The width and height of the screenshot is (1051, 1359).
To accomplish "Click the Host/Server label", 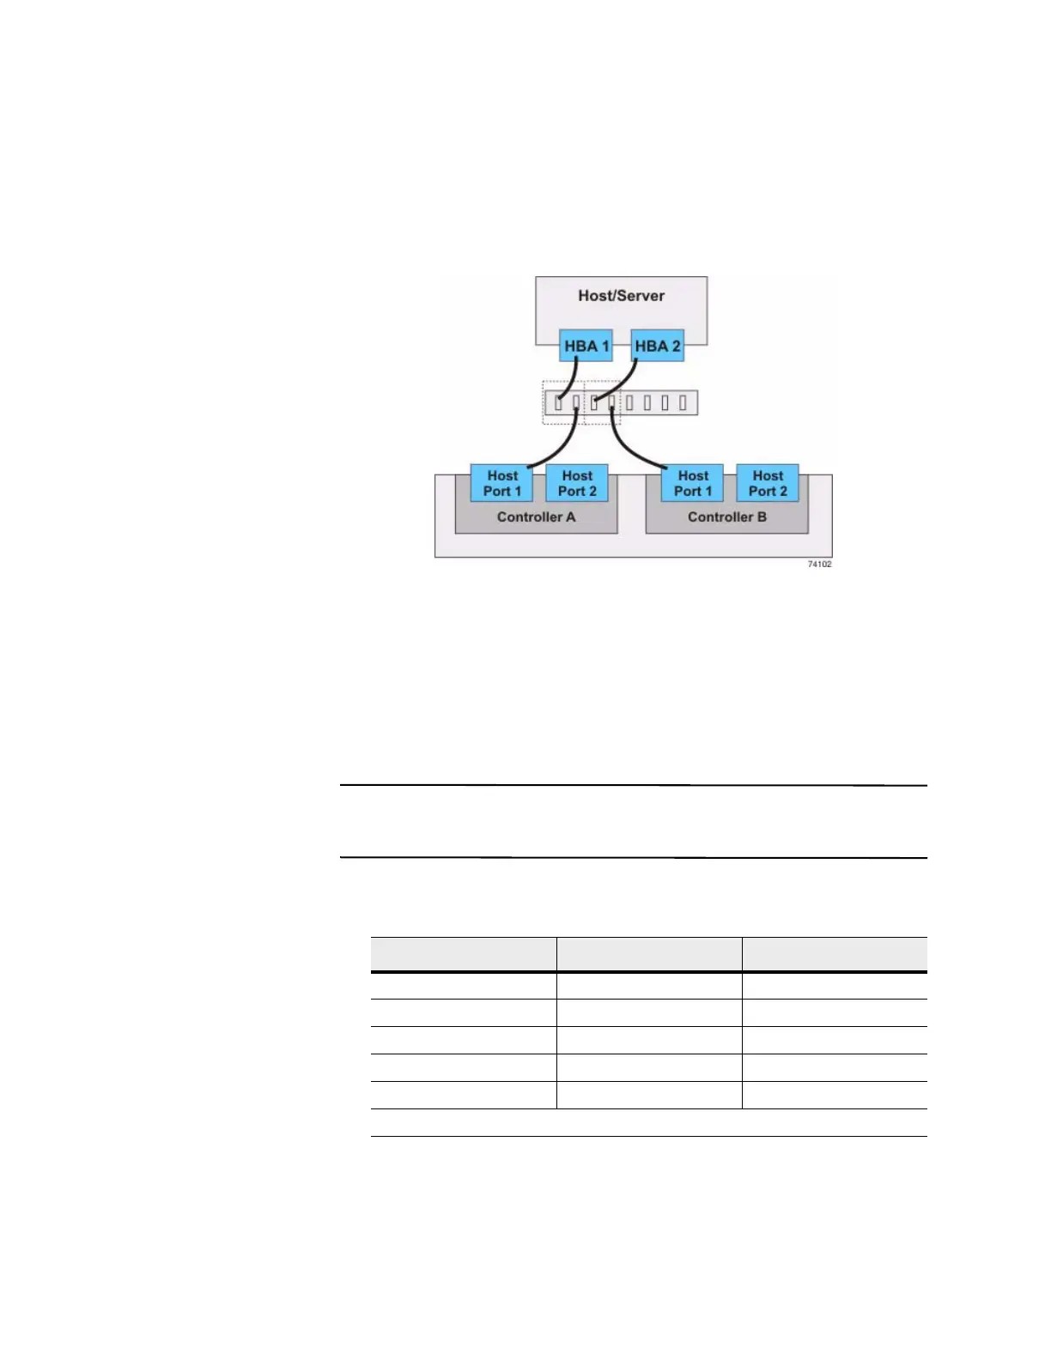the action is (x=621, y=296).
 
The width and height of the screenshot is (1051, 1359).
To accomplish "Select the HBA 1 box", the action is (x=586, y=347).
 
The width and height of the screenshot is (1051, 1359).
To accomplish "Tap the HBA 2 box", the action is (x=657, y=347).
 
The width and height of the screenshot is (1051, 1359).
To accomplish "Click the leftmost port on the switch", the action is (x=558, y=402).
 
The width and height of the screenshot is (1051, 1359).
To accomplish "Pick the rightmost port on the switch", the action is (x=683, y=402).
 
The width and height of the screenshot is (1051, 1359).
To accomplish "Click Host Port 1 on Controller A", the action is (x=502, y=484).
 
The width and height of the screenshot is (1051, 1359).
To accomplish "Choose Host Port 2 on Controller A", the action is (x=577, y=484).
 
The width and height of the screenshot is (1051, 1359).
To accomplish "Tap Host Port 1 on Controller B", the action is (x=693, y=484).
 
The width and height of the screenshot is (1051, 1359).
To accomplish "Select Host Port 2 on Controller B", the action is (x=768, y=484).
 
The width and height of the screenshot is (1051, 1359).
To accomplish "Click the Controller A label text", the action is (x=536, y=517).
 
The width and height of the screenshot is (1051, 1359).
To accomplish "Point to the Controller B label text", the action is (x=726, y=517).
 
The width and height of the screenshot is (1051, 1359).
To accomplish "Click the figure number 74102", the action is (x=819, y=564).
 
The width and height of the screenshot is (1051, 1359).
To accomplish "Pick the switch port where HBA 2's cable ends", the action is (x=594, y=402).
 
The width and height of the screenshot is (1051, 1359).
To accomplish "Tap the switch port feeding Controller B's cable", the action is (x=611, y=402).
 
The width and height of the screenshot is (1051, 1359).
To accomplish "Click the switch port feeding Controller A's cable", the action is (x=576, y=402).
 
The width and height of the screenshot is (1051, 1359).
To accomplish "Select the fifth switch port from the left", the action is (x=630, y=402).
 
